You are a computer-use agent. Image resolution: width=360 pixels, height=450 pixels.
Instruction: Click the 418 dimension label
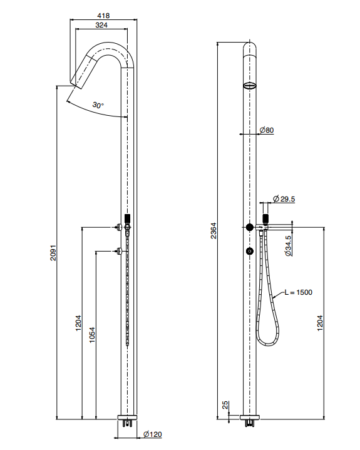[103, 16]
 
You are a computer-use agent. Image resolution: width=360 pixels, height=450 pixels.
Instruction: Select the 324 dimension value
[101, 25]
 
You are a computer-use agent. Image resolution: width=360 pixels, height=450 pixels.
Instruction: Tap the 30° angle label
[98, 105]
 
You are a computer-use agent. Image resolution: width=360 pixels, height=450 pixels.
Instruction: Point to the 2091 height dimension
[53, 253]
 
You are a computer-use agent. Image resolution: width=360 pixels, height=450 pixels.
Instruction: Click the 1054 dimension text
[92, 335]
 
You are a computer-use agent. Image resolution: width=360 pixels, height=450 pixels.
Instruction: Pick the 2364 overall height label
[213, 230]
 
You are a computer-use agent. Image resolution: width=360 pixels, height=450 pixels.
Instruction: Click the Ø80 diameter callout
[267, 130]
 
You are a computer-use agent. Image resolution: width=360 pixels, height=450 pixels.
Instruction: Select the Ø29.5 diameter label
[284, 198]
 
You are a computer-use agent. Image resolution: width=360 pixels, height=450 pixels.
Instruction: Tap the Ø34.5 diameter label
[288, 245]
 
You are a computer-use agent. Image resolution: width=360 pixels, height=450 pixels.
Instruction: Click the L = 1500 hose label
[298, 292]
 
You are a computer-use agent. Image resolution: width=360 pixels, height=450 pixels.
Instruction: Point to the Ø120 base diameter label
[152, 434]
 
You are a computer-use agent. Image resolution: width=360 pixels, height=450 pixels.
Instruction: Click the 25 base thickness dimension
[225, 405]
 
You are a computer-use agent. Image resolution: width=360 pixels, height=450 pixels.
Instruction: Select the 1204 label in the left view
[78, 323]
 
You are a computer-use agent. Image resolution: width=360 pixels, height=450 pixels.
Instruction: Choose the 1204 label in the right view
[320, 323]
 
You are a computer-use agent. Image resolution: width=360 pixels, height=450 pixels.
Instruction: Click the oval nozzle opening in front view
[249, 85]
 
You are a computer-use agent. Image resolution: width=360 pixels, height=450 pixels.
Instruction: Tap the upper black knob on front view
[250, 227]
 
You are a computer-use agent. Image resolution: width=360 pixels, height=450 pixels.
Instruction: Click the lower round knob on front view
[250, 251]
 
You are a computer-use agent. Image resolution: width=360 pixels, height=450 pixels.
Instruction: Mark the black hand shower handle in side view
[128, 218]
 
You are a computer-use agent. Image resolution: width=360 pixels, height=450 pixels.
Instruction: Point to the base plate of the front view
[250, 417]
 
